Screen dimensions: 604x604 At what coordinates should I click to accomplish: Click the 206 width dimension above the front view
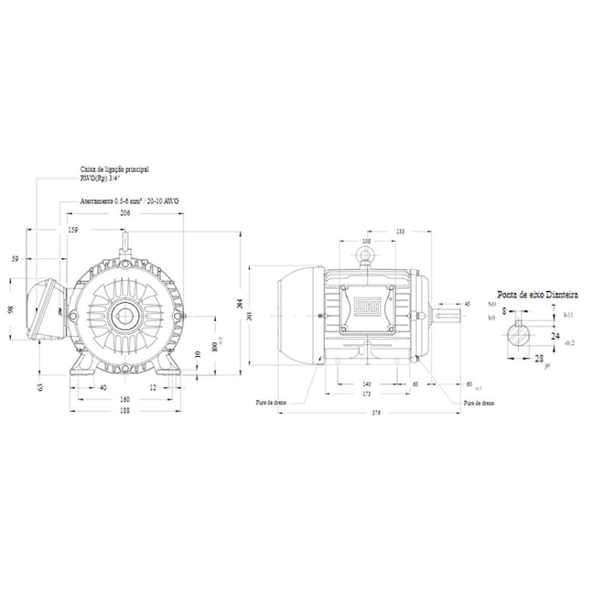(x=124, y=212)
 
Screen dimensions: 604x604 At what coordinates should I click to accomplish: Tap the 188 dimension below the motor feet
(x=124, y=412)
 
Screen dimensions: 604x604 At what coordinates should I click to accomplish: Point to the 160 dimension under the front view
(x=124, y=400)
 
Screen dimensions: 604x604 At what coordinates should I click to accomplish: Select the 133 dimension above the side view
(x=399, y=232)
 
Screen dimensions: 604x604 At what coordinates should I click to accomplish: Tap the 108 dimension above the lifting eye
(x=367, y=242)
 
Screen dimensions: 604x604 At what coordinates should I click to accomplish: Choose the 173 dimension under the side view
(x=367, y=394)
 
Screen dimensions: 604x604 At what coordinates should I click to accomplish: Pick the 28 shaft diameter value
(x=538, y=359)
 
